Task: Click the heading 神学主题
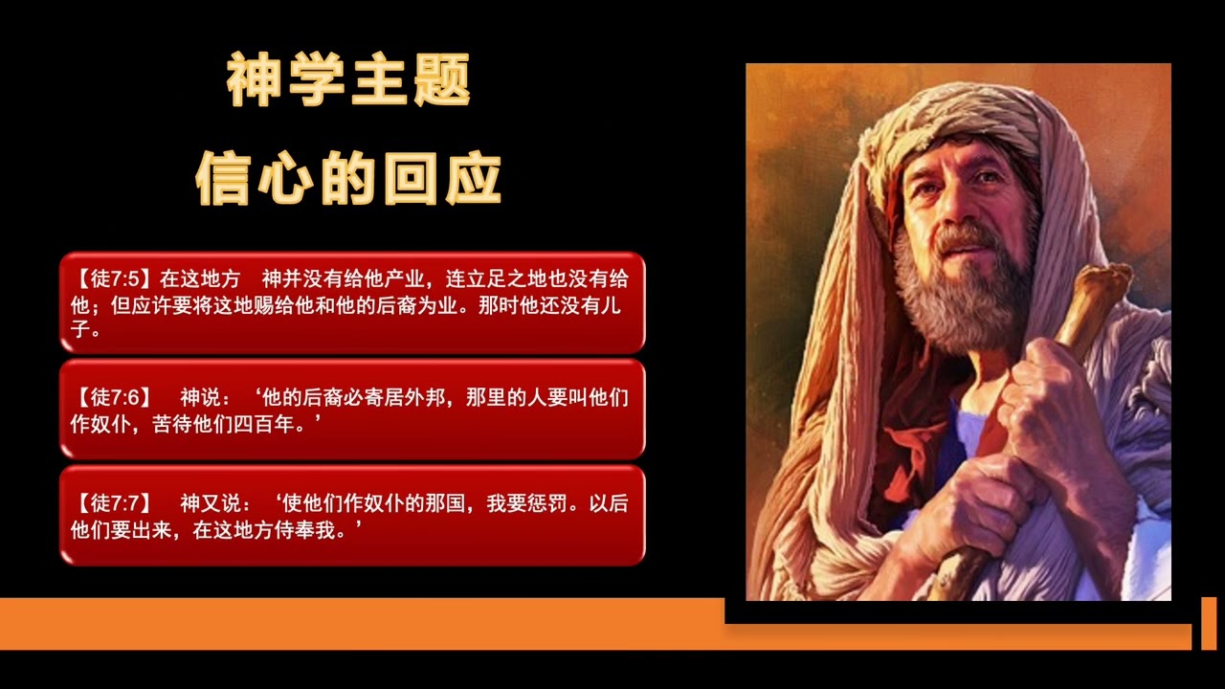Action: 348,81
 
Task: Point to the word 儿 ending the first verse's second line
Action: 617,306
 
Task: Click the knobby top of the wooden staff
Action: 1101,287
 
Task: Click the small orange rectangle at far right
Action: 1209,623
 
